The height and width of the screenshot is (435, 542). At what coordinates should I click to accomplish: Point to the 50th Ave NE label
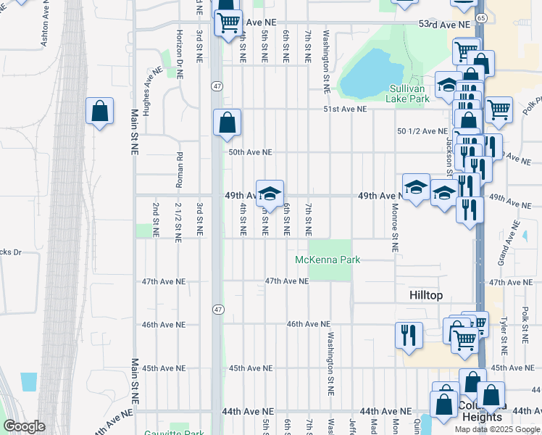click(250, 152)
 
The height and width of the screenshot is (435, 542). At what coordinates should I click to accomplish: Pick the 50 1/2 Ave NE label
click(422, 130)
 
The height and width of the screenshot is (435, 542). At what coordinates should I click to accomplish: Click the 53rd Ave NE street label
click(444, 25)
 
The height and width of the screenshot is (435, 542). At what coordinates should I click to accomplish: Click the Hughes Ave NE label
click(152, 91)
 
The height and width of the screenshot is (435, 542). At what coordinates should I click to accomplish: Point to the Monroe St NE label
click(395, 231)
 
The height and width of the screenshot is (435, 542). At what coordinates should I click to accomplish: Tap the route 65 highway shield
click(482, 17)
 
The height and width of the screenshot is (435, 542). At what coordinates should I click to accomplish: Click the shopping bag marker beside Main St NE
click(99, 113)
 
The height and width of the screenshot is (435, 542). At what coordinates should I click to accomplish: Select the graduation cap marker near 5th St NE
click(270, 194)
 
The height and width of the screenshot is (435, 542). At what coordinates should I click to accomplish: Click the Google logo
click(24, 426)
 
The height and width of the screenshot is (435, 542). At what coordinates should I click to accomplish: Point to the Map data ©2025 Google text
click(497, 428)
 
